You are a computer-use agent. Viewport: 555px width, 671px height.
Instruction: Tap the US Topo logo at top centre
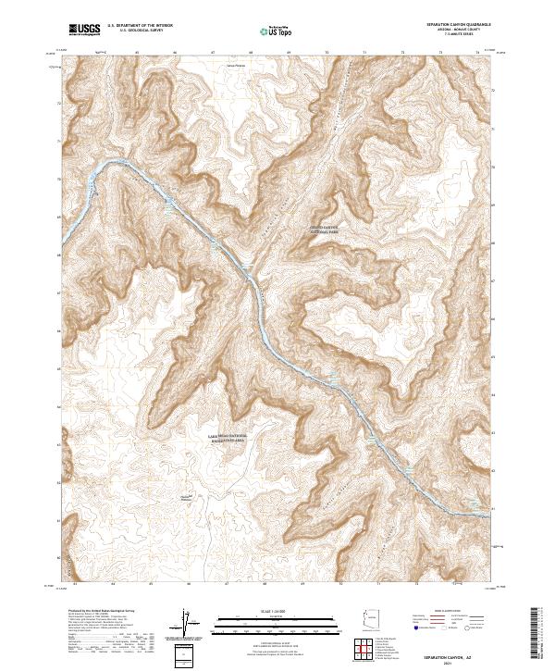[278, 31]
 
